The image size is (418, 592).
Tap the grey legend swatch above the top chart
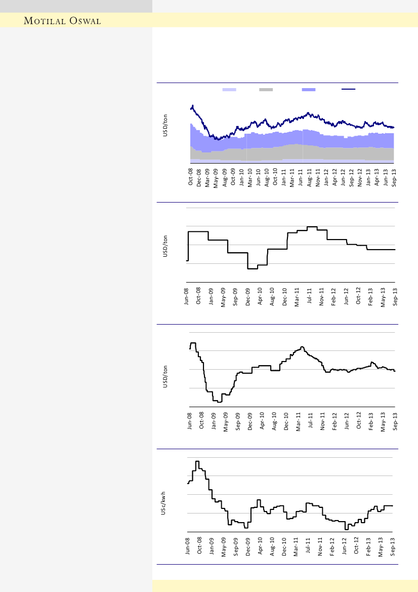tap(266, 89)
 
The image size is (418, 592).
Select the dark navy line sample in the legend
tap(348, 89)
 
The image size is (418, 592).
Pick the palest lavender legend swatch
tap(229, 89)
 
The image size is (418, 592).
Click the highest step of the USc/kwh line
tap(197, 461)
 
